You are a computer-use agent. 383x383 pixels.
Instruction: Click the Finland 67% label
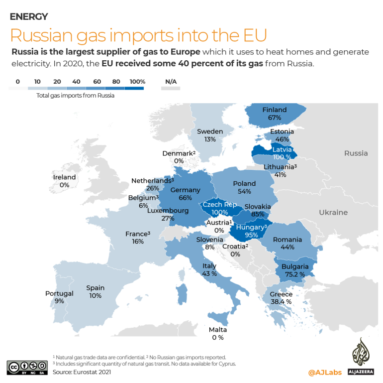pos(275,114)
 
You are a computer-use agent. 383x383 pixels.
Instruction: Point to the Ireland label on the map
pos(65,181)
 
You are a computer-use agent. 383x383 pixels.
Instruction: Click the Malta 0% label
pos(217,334)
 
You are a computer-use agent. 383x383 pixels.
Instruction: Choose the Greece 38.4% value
pos(282,301)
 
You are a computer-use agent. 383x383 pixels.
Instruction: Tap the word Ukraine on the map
pos(333,212)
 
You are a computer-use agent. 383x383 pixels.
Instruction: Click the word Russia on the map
pos(356,153)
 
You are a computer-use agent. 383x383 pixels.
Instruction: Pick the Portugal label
pos(59,297)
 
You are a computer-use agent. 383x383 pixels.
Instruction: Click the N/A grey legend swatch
pos(171,88)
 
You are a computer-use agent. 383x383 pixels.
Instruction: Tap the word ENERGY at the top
pos(29,16)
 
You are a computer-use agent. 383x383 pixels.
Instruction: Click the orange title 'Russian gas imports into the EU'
pos(138,35)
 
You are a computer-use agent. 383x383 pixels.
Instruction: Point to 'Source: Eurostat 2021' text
pos(82,372)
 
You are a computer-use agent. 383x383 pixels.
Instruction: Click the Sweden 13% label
pos(209,135)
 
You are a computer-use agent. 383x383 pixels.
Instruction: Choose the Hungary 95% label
pos(251,231)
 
